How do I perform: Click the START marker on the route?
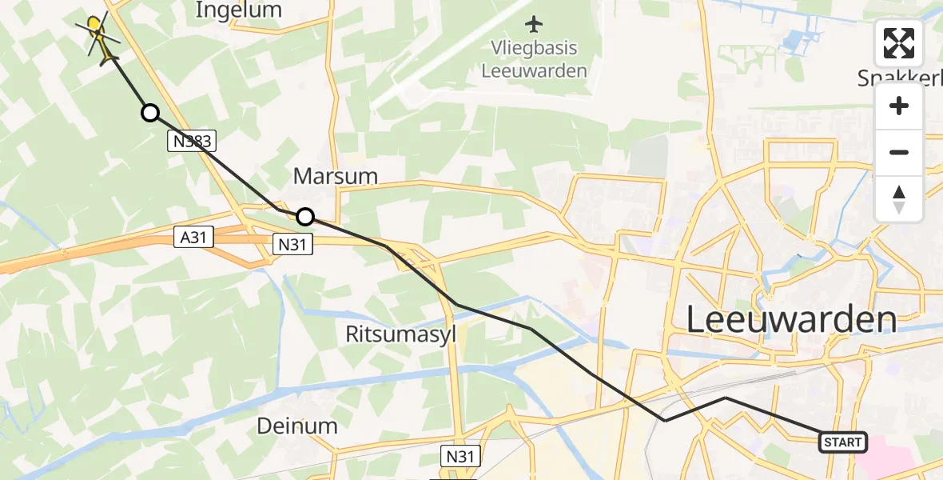tap(843, 442)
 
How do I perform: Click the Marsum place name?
tap(335, 176)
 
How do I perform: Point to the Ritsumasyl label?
tap(400, 334)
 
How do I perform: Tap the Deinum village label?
tap(297, 426)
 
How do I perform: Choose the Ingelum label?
tap(239, 10)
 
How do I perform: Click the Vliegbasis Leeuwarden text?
tap(534, 59)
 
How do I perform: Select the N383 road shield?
tap(192, 142)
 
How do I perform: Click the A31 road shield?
tap(193, 236)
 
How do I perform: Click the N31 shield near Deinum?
tap(461, 457)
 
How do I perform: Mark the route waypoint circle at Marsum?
tap(305, 216)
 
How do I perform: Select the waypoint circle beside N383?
tap(149, 113)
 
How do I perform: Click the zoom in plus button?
tap(899, 106)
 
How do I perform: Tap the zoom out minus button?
tap(899, 152)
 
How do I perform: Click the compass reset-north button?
tap(899, 198)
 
